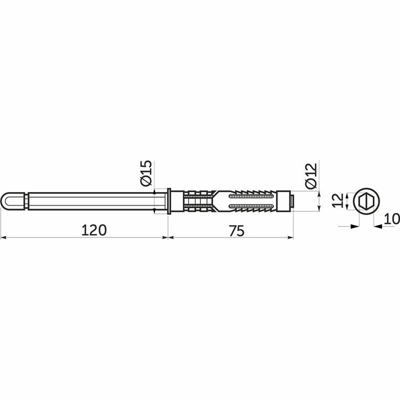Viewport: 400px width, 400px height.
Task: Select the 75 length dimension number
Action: [236, 231]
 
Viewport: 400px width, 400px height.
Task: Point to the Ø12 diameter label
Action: [311, 176]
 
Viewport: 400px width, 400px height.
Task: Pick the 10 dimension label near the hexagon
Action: [392, 219]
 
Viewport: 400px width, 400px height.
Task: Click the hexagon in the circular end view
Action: [366, 201]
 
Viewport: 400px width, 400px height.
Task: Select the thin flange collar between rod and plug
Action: [169, 201]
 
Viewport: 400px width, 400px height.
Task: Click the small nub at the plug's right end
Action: [292, 201]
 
